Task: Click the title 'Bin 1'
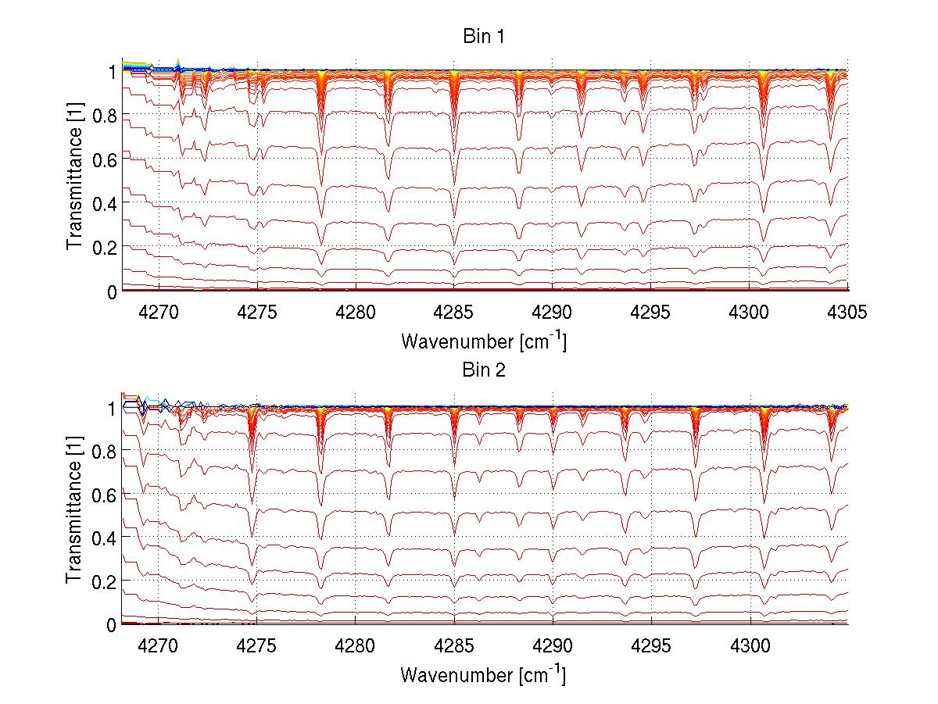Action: click(484, 37)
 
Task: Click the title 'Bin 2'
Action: click(484, 370)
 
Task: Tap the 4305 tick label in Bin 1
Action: click(847, 312)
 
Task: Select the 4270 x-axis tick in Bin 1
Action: click(159, 312)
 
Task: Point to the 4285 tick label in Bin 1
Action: click(454, 312)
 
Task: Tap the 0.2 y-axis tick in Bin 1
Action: click(105, 247)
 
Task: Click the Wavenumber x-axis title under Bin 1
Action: click(483, 341)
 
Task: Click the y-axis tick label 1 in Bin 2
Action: click(112, 407)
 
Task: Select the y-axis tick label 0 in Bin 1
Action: click(112, 291)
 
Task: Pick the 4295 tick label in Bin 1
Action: click(651, 312)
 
